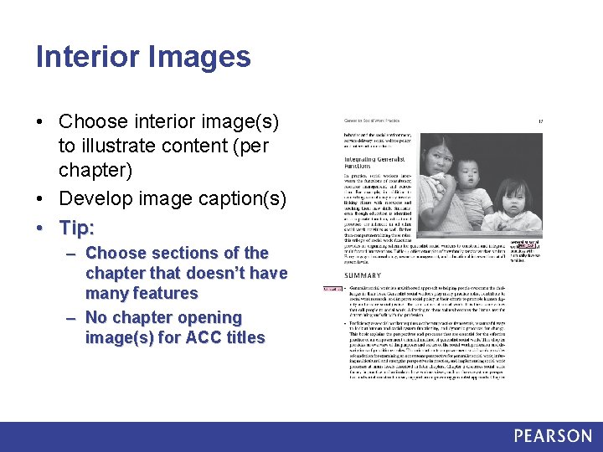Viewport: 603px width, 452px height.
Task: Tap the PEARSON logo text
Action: tap(553, 435)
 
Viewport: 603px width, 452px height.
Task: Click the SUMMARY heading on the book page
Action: tap(362, 275)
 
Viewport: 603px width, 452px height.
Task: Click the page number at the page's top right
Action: tap(541, 122)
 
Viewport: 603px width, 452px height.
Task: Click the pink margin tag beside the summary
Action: tap(332, 290)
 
